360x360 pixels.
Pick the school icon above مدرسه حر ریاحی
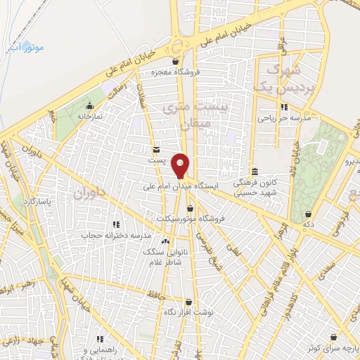click(283, 107)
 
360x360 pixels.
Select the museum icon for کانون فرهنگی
click(254, 172)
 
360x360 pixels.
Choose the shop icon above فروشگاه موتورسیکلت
click(192, 208)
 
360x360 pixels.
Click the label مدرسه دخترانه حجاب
click(116, 235)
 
